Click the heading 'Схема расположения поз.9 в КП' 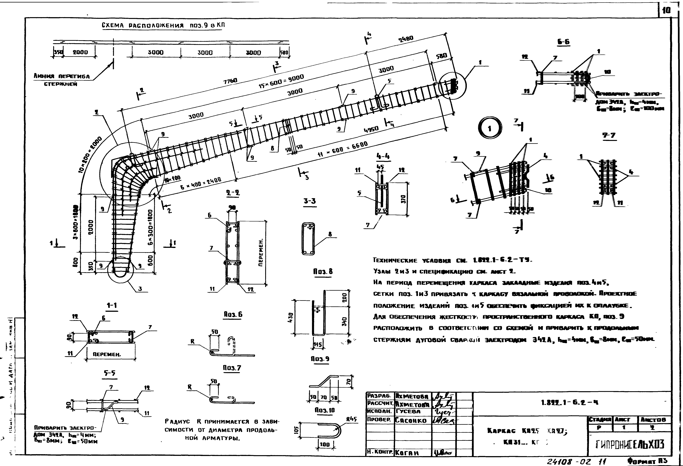point(163,26)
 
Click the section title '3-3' point(310,201)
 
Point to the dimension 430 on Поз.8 point(291,317)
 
